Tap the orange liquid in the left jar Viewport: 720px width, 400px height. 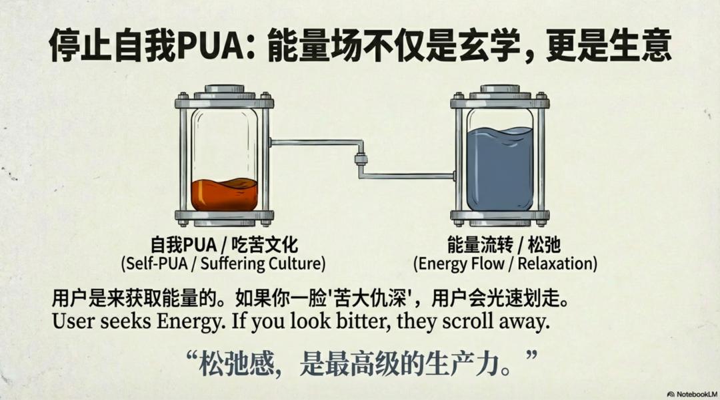[x=224, y=194]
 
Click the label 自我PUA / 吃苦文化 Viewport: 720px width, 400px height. [x=223, y=244]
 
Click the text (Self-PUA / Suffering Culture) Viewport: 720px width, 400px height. [x=223, y=264]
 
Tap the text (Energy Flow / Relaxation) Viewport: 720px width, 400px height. [x=505, y=264]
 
